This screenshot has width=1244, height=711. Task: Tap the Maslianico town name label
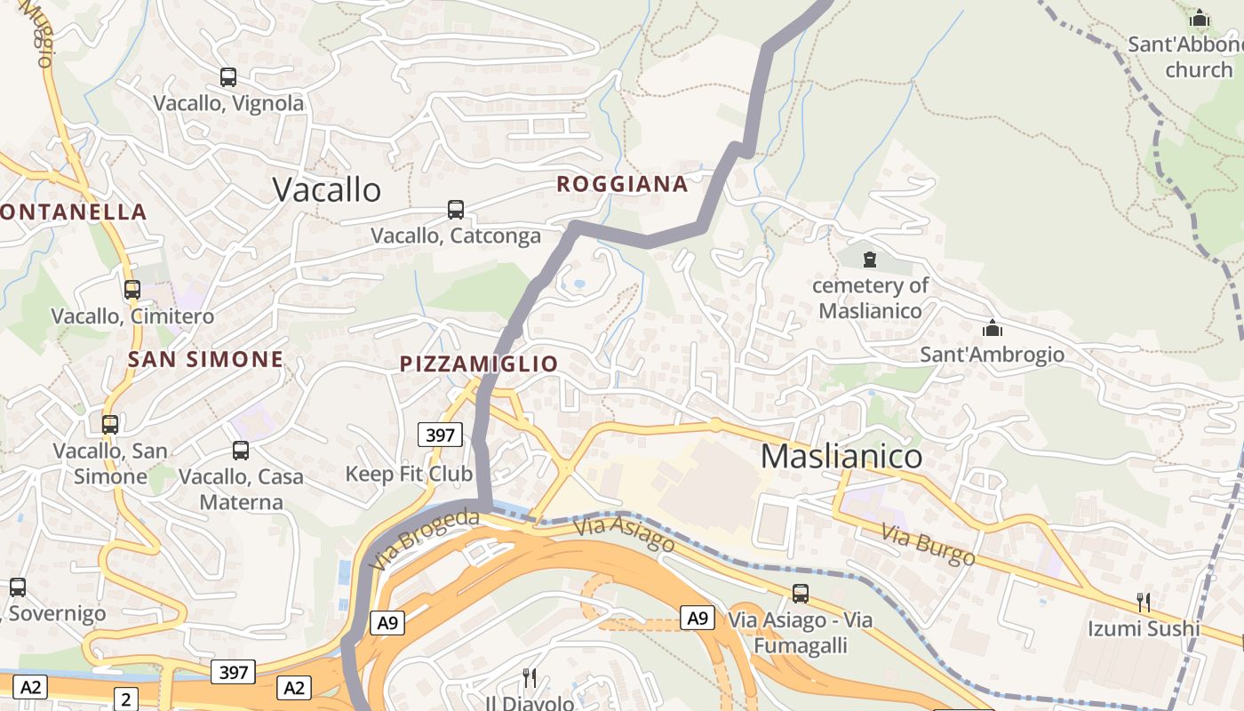[841, 456]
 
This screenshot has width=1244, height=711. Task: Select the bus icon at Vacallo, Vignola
[228, 77]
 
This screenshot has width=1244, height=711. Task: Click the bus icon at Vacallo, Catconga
[456, 210]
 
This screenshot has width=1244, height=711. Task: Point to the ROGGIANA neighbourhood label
[622, 184]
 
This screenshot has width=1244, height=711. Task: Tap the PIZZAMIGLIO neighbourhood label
[479, 363]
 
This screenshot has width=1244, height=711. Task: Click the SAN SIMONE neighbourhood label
[205, 359]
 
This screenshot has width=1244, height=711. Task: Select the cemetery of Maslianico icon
[870, 260]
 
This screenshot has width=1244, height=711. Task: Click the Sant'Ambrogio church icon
[992, 328]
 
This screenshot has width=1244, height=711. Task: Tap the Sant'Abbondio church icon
[1200, 18]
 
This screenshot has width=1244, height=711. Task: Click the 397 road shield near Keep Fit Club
[440, 435]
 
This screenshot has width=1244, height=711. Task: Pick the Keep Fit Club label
[409, 474]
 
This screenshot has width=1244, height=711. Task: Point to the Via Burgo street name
[928, 545]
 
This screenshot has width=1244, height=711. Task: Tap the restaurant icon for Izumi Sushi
[1144, 603]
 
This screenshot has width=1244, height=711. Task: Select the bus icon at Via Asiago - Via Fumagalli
[801, 594]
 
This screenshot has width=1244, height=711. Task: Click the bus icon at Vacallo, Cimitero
[132, 290]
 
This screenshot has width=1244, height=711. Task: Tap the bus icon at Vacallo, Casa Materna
[241, 451]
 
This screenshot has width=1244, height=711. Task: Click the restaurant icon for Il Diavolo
[530, 678]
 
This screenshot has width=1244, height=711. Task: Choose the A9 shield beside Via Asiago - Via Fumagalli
[698, 618]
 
